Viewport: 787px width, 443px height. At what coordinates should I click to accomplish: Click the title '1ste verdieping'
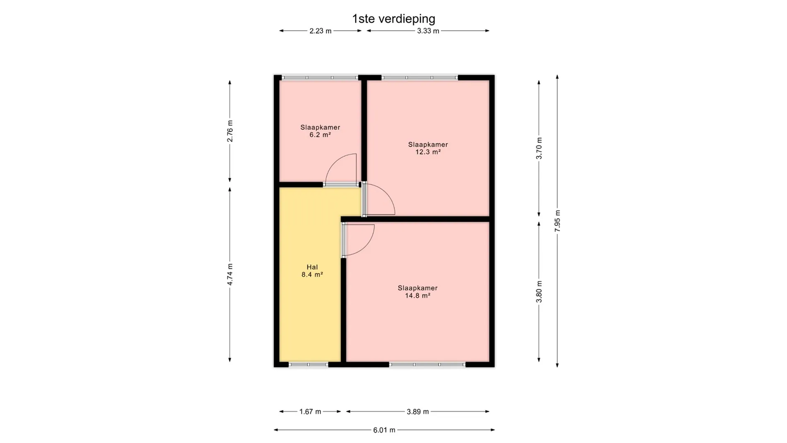point(393,19)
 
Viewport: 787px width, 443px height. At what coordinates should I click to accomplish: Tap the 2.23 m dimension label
point(320,31)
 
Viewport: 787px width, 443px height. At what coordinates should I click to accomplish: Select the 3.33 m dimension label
point(428,31)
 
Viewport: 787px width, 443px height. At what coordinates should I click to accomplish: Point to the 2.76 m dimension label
point(230,131)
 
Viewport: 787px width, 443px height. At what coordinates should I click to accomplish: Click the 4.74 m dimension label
point(230,274)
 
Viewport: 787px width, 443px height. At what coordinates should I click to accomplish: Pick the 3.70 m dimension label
point(539,148)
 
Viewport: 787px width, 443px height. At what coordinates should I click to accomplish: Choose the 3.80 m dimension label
point(539,292)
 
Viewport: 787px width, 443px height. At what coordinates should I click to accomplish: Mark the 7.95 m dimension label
point(558,221)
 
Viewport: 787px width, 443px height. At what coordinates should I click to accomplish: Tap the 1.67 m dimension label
point(310,412)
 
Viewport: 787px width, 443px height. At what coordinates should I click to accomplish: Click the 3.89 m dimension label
point(418,412)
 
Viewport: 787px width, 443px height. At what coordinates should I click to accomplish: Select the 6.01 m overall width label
point(384,430)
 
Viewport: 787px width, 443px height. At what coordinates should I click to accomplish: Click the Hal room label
point(312,267)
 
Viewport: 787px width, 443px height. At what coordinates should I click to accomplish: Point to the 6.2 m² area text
point(320,135)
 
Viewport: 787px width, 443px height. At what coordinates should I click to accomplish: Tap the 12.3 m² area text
point(428,152)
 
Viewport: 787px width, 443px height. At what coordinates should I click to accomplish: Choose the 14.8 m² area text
point(418,295)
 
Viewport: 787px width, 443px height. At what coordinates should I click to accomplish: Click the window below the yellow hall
point(309,365)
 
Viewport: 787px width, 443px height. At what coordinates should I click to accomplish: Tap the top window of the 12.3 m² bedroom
point(420,77)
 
